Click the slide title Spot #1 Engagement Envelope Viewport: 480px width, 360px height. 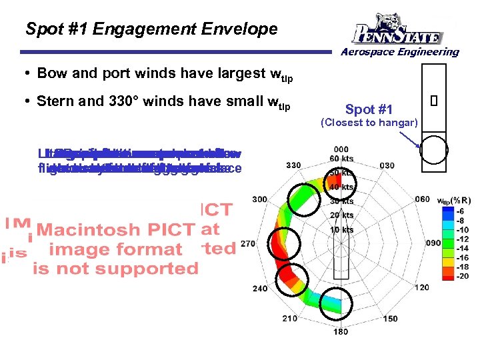coord(151,29)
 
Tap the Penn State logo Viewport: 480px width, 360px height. coord(398,29)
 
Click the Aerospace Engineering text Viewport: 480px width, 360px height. coord(400,52)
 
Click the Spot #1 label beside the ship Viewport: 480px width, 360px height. coord(369,109)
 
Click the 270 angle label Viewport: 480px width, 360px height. coord(247,244)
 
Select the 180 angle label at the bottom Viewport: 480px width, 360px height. coord(341,332)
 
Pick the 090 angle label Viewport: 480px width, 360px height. coord(434,243)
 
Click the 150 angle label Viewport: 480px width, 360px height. coord(390,319)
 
